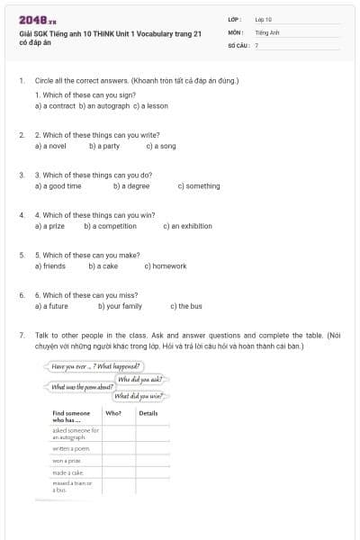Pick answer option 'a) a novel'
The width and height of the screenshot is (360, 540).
coord(50,146)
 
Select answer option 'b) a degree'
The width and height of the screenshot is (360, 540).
coord(131,186)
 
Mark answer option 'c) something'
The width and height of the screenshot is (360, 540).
coord(199,186)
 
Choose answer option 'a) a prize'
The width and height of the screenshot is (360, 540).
coord(50,226)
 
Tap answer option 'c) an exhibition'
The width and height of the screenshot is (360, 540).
coord(191,226)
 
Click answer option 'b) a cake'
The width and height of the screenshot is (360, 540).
coord(103,266)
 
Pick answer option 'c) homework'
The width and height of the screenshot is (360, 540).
coord(166,266)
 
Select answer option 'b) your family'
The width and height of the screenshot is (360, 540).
coord(120,306)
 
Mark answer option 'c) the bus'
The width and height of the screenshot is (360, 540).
coord(186,306)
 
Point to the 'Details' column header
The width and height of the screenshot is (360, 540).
coord(148,413)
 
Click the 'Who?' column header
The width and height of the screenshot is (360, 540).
coord(113,413)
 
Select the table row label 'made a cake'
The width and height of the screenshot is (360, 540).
coord(67,472)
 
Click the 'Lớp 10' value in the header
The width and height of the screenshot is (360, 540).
coord(264,19)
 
